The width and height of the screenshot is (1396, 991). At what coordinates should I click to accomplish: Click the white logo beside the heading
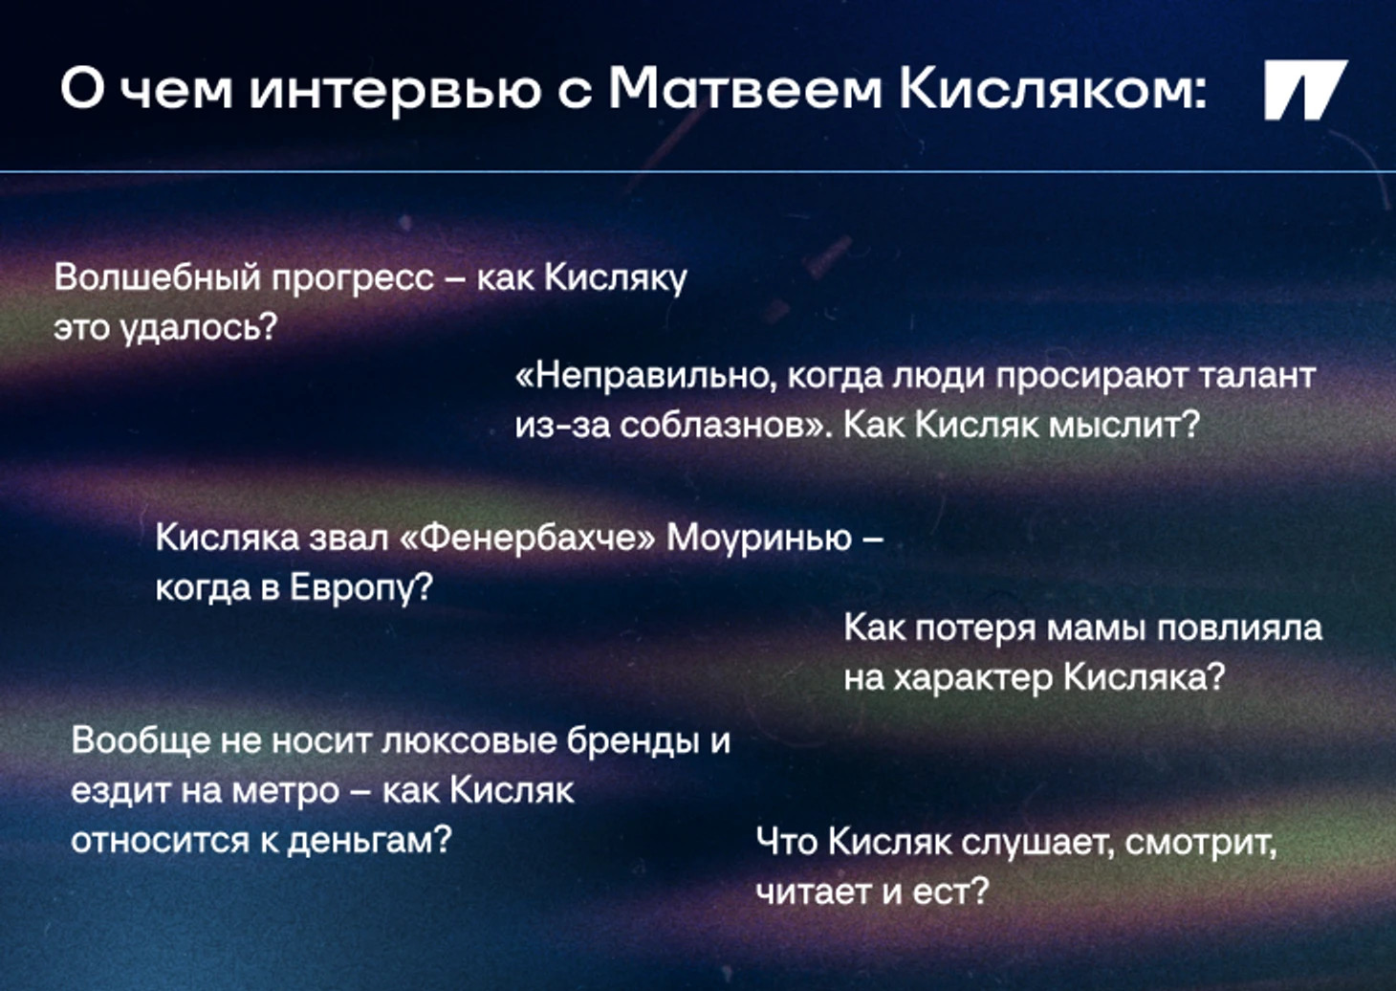pos(1305,90)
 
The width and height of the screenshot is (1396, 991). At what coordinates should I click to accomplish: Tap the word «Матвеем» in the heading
pos(745,90)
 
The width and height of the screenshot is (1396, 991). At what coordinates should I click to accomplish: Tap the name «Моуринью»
pos(759,540)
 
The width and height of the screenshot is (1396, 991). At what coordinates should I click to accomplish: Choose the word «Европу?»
pos(361,588)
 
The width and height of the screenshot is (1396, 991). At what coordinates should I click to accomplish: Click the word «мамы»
pos(1096,629)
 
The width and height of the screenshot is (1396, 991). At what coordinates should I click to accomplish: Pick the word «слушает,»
pos(1037,844)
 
